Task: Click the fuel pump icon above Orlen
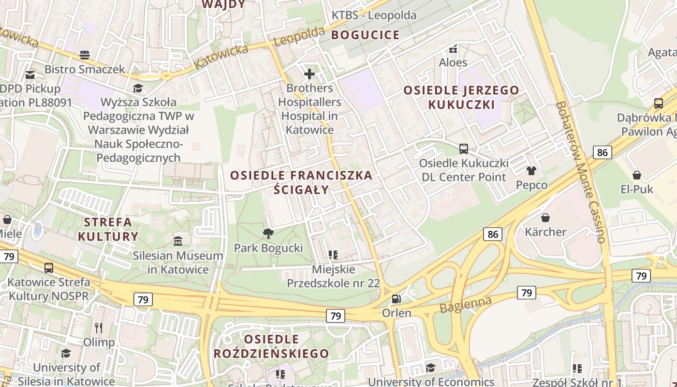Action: [396, 299]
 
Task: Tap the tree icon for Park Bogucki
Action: [268, 234]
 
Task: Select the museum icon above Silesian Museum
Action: [178, 241]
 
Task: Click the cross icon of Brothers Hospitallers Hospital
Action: [309, 74]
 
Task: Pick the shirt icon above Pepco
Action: [531, 171]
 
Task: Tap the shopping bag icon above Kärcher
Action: [545, 218]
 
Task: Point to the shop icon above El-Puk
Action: [637, 175]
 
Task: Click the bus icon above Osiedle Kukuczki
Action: [463, 149]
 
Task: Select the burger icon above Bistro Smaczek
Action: [85, 55]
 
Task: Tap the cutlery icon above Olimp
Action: [99, 328]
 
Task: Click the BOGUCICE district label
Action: [366, 35]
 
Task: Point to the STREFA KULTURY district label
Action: [108, 229]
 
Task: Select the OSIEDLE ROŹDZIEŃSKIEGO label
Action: [271, 346]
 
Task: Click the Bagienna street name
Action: [465, 304]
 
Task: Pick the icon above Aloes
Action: [453, 48]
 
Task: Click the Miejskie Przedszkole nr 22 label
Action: [334, 276]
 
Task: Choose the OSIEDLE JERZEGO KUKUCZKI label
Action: [461, 97]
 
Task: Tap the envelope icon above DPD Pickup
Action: [30, 74]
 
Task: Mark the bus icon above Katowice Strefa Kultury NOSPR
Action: [48, 268]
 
